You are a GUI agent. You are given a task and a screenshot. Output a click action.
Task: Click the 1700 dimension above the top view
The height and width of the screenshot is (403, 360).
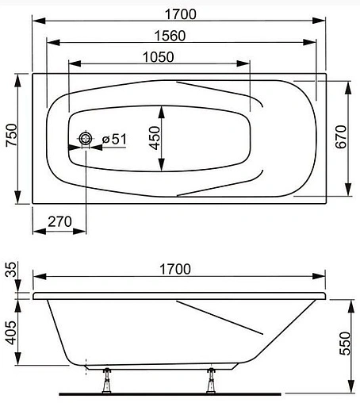(x=181, y=14)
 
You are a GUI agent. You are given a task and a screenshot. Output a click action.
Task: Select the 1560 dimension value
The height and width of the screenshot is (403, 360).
(x=170, y=36)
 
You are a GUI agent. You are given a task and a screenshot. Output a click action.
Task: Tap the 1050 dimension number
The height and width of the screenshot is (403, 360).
(x=159, y=57)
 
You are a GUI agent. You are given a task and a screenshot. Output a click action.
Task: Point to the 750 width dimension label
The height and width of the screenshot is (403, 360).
(x=12, y=135)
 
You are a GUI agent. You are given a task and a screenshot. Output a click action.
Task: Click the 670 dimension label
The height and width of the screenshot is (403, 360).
(x=341, y=136)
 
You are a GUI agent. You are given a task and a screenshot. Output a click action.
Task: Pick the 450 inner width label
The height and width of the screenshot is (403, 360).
(x=155, y=138)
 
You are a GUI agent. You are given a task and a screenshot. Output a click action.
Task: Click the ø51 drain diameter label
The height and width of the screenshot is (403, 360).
(x=114, y=139)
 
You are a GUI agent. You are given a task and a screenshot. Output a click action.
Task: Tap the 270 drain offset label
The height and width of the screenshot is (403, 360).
(x=59, y=221)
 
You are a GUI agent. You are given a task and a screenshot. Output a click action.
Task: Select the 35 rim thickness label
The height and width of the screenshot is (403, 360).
(x=11, y=269)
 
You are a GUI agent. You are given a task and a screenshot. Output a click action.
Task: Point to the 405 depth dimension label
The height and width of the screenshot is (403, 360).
(x=11, y=332)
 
